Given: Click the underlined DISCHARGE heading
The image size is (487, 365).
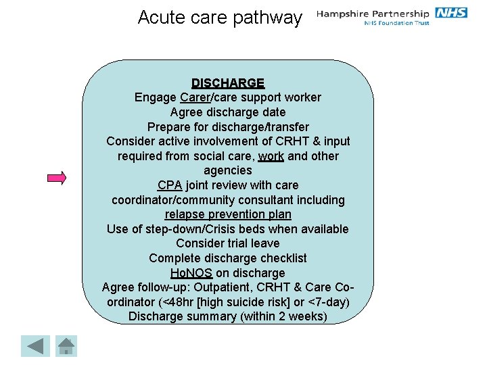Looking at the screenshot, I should click(228, 83).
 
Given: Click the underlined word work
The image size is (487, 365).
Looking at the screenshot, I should click(271, 156).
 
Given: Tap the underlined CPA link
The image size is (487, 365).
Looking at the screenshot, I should click(169, 185).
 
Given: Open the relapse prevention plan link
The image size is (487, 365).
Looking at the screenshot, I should click(228, 215).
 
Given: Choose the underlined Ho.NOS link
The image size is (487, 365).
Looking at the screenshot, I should click(191, 273).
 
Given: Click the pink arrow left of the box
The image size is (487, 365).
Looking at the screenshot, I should click(57, 178).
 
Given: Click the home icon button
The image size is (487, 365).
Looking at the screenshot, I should click(66, 346).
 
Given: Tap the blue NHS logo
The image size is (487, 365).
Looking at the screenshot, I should click(450, 13).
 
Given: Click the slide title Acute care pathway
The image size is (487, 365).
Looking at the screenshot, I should click(220, 17).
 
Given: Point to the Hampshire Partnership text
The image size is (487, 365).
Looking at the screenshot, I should click(373, 14).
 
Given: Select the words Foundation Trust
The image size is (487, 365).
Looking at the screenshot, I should click(406, 24).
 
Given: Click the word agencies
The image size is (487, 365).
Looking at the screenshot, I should click(228, 170).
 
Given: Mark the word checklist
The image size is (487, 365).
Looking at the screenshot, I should click(280, 258).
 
